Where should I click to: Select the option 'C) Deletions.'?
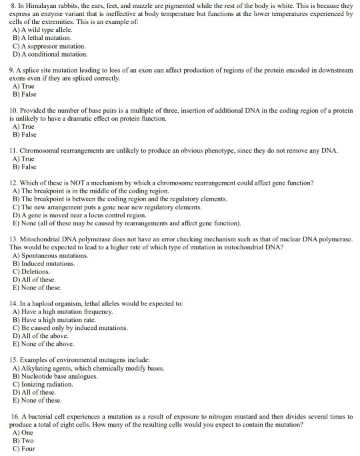click(31, 271)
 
